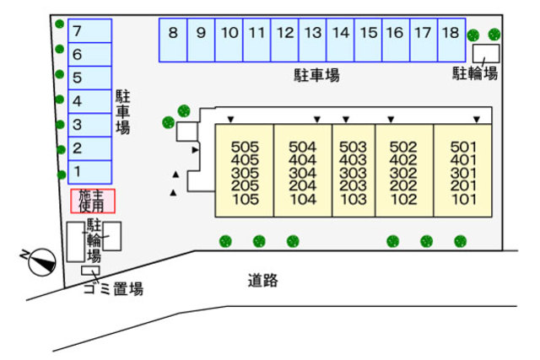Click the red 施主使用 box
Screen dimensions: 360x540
coord(92,201)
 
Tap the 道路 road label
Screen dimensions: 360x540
coord(263,281)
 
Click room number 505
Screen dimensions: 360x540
coord(245,146)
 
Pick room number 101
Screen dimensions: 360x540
coord(463,200)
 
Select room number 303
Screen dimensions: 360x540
coord(353,173)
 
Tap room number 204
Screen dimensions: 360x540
coord(301,186)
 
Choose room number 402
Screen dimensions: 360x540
coord(404,159)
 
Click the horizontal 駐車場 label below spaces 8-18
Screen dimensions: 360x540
coord(316,76)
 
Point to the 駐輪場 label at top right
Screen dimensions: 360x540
coord(474,74)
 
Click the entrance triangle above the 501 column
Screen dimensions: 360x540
coord(477,120)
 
